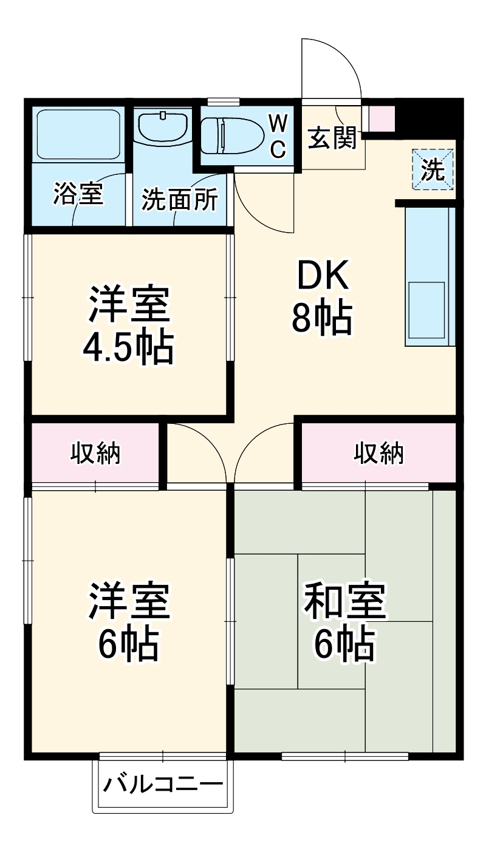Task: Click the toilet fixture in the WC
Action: [231, 134]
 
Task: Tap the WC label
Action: [278, 135]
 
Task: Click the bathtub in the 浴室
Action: [77, 134]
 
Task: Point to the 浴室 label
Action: [77, 196]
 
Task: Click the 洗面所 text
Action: [180, 200]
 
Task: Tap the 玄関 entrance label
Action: [331, 139]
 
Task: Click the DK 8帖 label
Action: [321, 298]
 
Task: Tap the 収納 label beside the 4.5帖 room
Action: [95, 453]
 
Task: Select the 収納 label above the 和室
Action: [379, 453]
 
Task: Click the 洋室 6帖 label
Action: [128, 621]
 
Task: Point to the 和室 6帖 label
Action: [344, 621]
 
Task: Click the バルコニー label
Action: [162, 786]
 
